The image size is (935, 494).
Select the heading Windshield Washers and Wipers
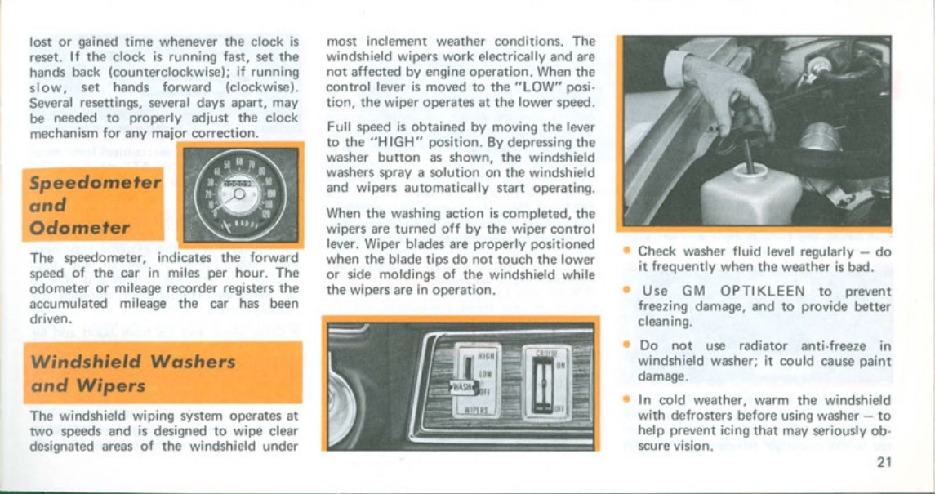click(132, 372)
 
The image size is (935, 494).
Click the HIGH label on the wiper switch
click(484, 357)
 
